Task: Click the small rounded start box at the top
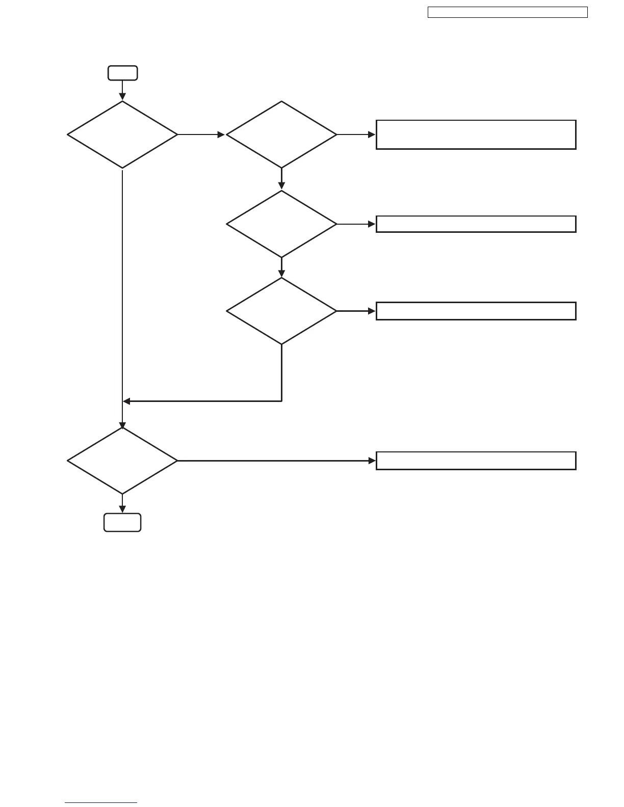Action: coord(122,73)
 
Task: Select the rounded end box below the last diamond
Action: coord(122,523)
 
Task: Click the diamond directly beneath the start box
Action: coord(122,134)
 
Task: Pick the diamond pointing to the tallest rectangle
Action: coord(281,134)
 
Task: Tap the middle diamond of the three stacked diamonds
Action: coord(281,224)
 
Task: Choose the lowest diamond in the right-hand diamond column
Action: coord(281,311)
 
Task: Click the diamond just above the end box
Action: coord(122,461)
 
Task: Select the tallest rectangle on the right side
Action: coord(476,134)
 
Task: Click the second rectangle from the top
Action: coord(476,224)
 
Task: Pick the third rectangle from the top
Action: coord(476,311)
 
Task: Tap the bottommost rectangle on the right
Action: coord(476,461)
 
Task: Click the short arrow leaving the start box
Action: coord(122,90)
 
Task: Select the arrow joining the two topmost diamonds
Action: coord(201,134)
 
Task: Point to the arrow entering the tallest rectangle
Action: coord(356,134)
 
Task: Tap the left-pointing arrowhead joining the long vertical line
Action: coord(127,401)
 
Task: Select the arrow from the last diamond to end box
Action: coord(122,503)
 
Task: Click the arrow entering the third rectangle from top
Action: coord(356,311)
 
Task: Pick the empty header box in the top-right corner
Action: coord(507,12)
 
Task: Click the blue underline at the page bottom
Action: coord(101,803)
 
